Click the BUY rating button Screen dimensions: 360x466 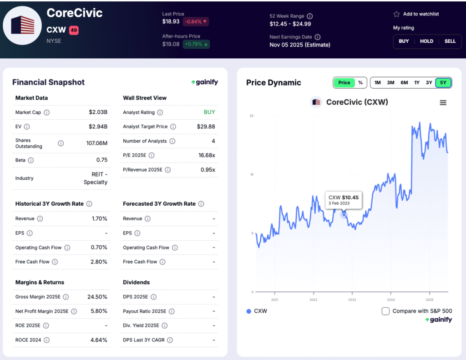click(x=404, y=41)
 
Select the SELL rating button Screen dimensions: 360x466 click(x=450, y=41)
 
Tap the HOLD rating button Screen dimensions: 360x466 click(x=426, y=41)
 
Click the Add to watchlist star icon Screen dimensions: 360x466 click(x=396, y=14)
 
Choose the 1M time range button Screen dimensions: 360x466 click(x=377, y=83)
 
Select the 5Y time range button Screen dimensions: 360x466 click(x=443, y=83)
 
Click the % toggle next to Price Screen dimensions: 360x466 click(x=360, y=83)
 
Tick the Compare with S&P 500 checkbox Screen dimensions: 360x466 click(x=385, y=311)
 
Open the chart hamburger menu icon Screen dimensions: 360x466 click(x=443, y=103)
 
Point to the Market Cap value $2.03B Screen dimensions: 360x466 click(x=98, y=112)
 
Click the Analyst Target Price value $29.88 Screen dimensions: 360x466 click(x=206, y=127)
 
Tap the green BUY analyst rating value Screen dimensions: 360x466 click(x=209, y=112)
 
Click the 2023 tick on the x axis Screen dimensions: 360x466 click(x=352, y=300)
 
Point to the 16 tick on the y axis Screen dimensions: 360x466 click(x=251, y=174)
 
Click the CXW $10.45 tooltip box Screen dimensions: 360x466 click(x=344, y=200)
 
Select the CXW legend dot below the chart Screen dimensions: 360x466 click(x=248, y=311)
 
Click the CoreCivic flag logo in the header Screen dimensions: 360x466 click(x=23, y=25)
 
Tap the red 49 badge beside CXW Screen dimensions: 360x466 click(x=74, y=30)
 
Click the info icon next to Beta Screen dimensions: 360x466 click(x=30, y=160)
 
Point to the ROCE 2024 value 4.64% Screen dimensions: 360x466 click(x=98, y=340)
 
